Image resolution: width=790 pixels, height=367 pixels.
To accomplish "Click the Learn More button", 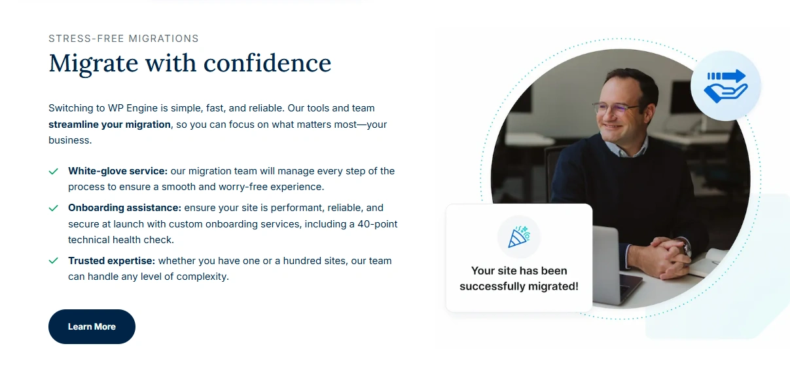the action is [92, 326].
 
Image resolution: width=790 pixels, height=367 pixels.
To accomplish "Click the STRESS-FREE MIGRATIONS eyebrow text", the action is [124, 39].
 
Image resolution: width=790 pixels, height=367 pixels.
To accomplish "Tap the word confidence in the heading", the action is [267, 63].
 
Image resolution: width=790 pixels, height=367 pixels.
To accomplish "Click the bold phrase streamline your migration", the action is [109, 125].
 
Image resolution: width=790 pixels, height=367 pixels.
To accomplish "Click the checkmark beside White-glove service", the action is [53, 171].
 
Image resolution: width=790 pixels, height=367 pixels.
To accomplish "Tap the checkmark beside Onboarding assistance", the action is [53, 208].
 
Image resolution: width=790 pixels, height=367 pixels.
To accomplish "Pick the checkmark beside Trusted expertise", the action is [53, 261].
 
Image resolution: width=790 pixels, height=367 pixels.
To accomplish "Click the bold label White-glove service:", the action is [118, 171].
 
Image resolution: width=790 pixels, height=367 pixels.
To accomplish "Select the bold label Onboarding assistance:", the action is [124, 208].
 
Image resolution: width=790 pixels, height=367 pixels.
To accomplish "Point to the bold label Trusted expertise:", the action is [111, 261].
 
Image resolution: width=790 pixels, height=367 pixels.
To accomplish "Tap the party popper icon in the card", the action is [519, 237].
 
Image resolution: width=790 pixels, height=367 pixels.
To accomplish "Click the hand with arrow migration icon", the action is [725, 86].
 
